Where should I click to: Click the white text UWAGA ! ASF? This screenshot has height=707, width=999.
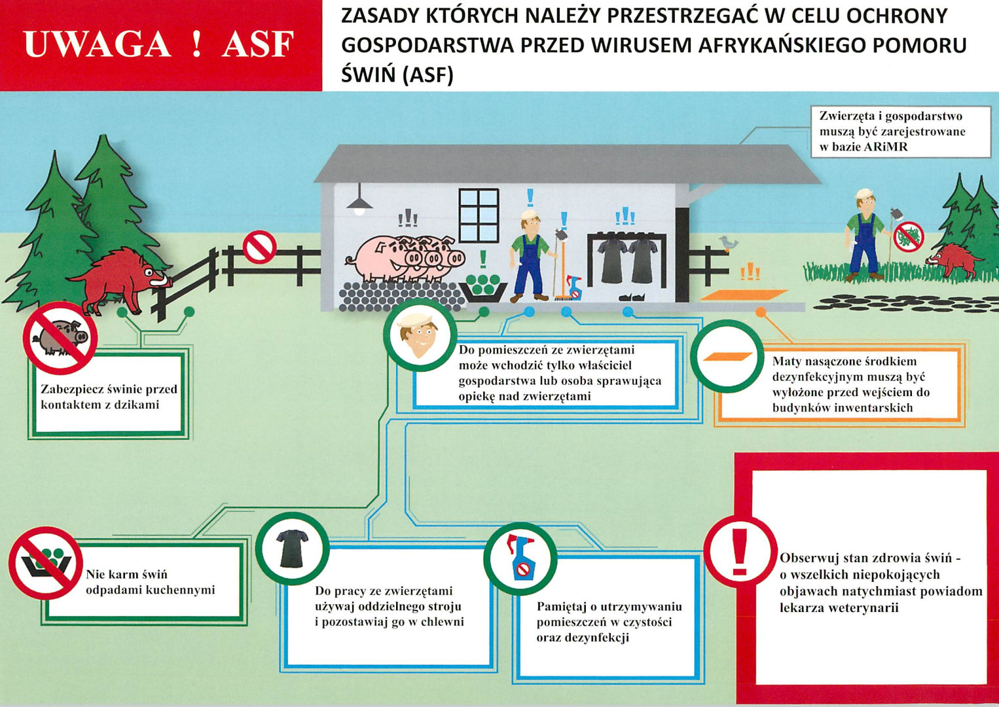click(x=158, y=45)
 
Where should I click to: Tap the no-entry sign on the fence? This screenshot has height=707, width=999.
click(x=259, y=247)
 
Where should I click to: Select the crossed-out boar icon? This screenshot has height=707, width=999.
click(x=60, y=337)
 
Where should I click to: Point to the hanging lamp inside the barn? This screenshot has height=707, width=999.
click(x=359, y=202)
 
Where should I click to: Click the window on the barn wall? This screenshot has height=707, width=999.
click(x=479, y=215)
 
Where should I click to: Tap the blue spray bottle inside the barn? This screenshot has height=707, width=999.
click(x=574, y=287)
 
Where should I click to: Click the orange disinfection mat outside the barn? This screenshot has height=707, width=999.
click(x=743, y=295)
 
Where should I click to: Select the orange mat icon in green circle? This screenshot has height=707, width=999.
click(x=727, y=357)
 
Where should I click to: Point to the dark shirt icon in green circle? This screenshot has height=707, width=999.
click(x=292, y=548)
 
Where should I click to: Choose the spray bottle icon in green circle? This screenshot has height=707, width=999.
click(x=520, y=558)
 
